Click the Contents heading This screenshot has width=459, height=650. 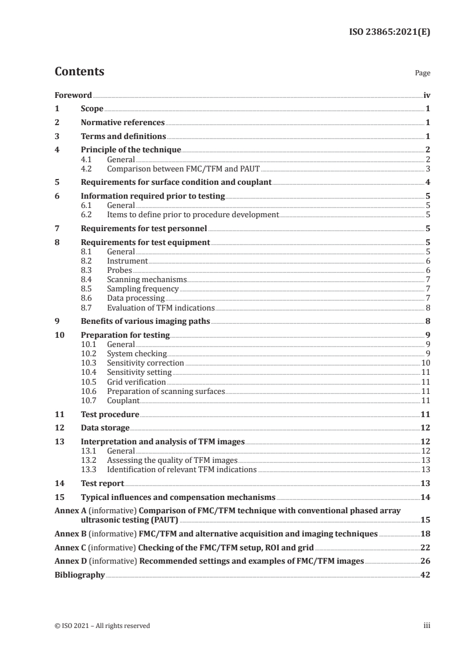[x=79, y=72]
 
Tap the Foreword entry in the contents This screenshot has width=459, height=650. [x=73, y=94]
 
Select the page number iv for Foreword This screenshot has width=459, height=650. [x=426, y=94]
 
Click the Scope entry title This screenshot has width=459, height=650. [x=92, y=108]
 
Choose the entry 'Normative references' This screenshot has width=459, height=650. [x=123, y=123]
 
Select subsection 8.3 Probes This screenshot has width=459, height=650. [x=120, y=271]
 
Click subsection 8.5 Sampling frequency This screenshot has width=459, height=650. [x=143, y=289]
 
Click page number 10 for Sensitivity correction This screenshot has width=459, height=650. [x=424, y=363]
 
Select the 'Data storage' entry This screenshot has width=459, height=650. [x=105, y=428]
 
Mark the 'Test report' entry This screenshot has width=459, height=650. [x=102, y=483]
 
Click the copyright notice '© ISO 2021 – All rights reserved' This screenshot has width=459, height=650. [x=102, y=626]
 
